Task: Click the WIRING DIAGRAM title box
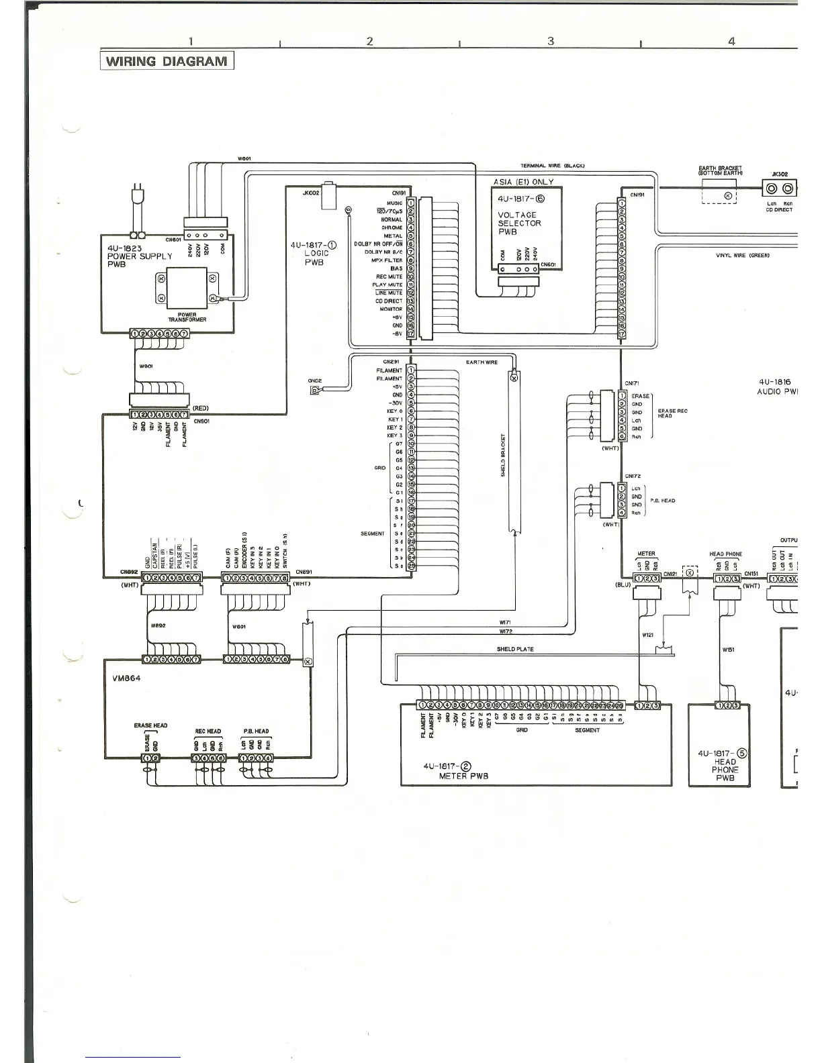coord(167,62)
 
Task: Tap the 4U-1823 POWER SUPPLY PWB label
coord(140,256)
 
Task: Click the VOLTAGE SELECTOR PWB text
coord(519,223)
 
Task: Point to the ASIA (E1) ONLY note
coord(524,182)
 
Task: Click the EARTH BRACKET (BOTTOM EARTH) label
coord(720,171)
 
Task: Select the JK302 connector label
coord(780,174)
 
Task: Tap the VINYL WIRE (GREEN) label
coord(742,255)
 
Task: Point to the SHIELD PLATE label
coord(515,649)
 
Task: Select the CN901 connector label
coord(201,421)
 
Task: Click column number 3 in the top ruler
coord(551,41)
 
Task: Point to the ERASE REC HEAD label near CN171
coord(673,413)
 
